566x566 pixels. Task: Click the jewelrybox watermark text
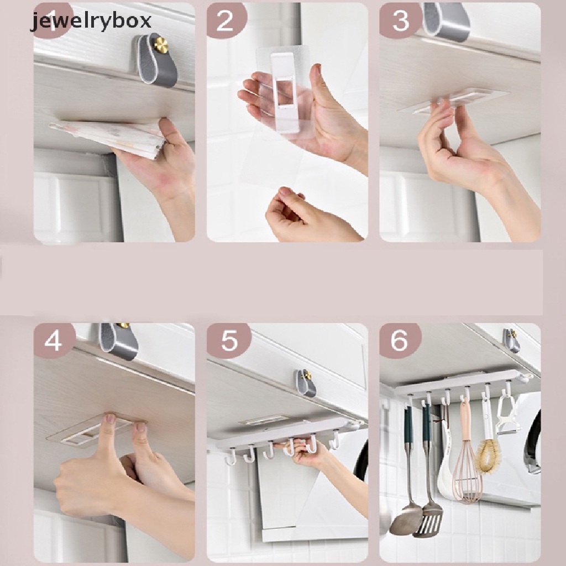tap(91, 22)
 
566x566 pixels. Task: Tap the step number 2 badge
tap(226, 20)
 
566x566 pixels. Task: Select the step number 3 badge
tap(400, 20)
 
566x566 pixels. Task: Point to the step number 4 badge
tap(54, 340)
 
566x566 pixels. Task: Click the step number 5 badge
tap(228, 340)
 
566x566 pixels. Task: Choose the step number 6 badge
tap(400, 340)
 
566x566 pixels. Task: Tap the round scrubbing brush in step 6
tap(489, 455)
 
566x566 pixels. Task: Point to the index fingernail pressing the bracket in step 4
tap(111, 419)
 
